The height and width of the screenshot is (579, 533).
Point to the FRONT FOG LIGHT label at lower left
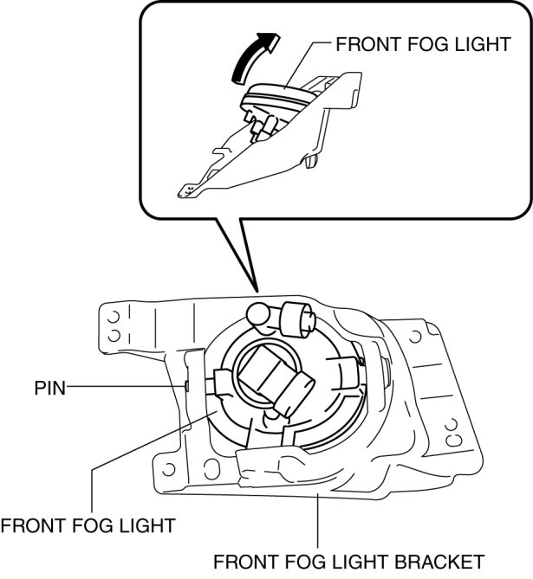tap(88, 524)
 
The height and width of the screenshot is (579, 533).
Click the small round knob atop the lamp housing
tap(257, 313)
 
